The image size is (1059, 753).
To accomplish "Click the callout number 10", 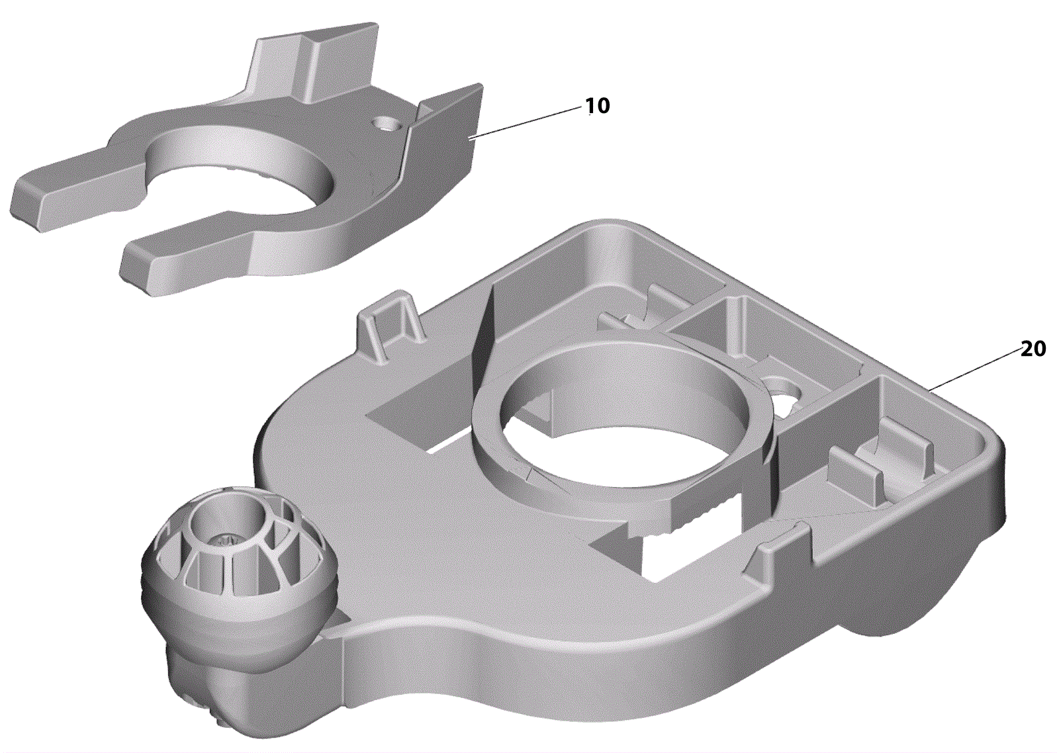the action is point(597,106).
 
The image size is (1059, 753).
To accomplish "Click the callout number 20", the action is point(1034,349).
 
